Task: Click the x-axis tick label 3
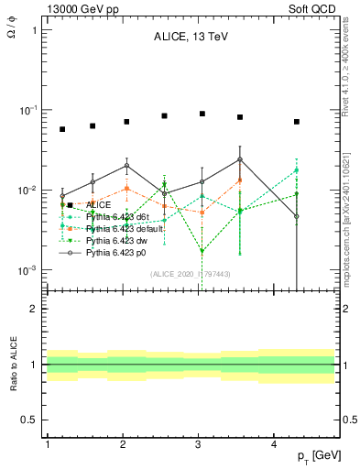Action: (199, 444)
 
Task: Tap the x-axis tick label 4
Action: (274, 444)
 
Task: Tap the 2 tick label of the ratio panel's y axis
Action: (33, 309)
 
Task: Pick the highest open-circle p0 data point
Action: (239, 159)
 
